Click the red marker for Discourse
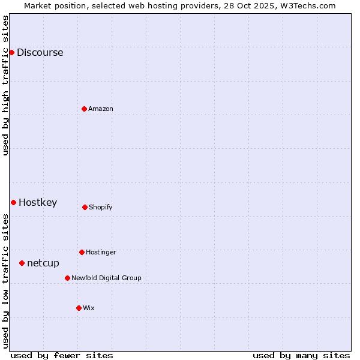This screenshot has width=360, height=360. click(11, 52)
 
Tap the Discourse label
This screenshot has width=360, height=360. click(40, 53)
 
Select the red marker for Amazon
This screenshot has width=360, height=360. click(84, 109)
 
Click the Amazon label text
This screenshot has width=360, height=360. click(101, 109)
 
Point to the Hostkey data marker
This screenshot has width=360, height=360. click(13, 202)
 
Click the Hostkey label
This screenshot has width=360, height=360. click(38, 203)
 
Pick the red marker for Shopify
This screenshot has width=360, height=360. click(85, 207)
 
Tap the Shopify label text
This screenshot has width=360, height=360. click(101, 208)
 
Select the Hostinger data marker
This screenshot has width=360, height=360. click(82, 252)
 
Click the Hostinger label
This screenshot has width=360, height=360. click(101, 253)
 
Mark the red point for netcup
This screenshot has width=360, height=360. click(22, 263)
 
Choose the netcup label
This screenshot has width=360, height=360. click(43, 263)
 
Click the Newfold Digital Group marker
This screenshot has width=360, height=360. click(67, 278)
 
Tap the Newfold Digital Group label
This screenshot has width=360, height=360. click(106, 278)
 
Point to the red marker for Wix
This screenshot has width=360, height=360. click(79, 308)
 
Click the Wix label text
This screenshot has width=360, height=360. click(89, 308)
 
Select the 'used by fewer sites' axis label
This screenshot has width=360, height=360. click(62, 356)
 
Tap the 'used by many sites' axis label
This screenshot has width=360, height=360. click(301, 356)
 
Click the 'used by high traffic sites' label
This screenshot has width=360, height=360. click(5, 85)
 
